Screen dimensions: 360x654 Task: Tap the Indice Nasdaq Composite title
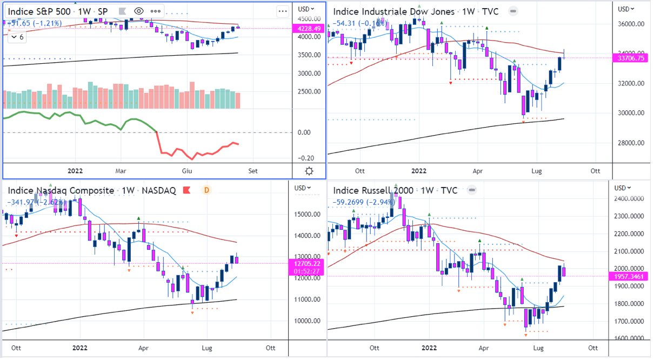pyautogui.click(x=61, y=190)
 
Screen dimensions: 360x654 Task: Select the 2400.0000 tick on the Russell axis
pyautogui.click(x=631, y=199)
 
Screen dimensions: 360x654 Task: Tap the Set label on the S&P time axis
pyautogui.click(x=253, y=171)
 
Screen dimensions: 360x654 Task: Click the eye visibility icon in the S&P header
pyautogui.click(x=139, y=11)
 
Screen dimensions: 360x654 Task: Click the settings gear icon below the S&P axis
pyautogui.click(x=309, y=171)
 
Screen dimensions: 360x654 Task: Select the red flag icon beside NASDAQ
pyautogui.click(x=186, y=190)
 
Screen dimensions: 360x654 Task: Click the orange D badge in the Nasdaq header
pyautogui.click(x=206, y=190)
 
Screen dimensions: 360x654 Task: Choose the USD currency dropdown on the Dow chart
pyautogui.click(x=626, y=9)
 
